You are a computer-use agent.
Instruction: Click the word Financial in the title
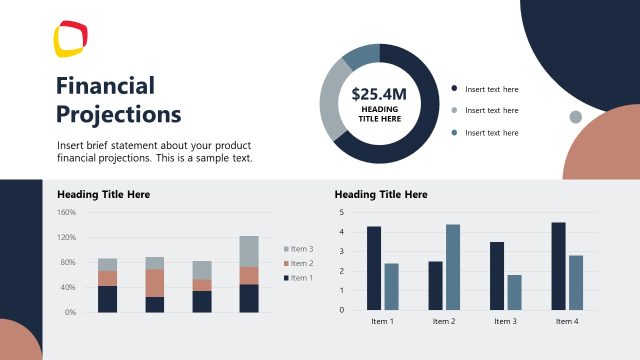(105, 85)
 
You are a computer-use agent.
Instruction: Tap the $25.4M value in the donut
(379, 95)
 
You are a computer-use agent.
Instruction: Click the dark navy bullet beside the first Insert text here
(454, 89)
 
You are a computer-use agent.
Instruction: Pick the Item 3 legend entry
(298, 249)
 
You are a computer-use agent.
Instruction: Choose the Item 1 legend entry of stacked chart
(298, 277)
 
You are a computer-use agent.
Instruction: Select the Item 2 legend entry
(298, 263)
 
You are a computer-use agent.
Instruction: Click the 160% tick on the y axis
(67, 212)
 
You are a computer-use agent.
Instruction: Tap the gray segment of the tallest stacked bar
(249, 251)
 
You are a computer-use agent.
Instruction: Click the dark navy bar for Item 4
(558, 265)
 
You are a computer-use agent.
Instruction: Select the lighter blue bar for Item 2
(452, 266)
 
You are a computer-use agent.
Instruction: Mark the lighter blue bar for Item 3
(514, 291)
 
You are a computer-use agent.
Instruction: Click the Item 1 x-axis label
(382, 321)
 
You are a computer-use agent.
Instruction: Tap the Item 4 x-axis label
(566, 321)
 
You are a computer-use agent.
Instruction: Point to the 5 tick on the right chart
(342, 212)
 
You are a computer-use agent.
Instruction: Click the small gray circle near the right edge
(575, 117)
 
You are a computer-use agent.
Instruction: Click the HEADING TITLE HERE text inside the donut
(379, 113)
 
